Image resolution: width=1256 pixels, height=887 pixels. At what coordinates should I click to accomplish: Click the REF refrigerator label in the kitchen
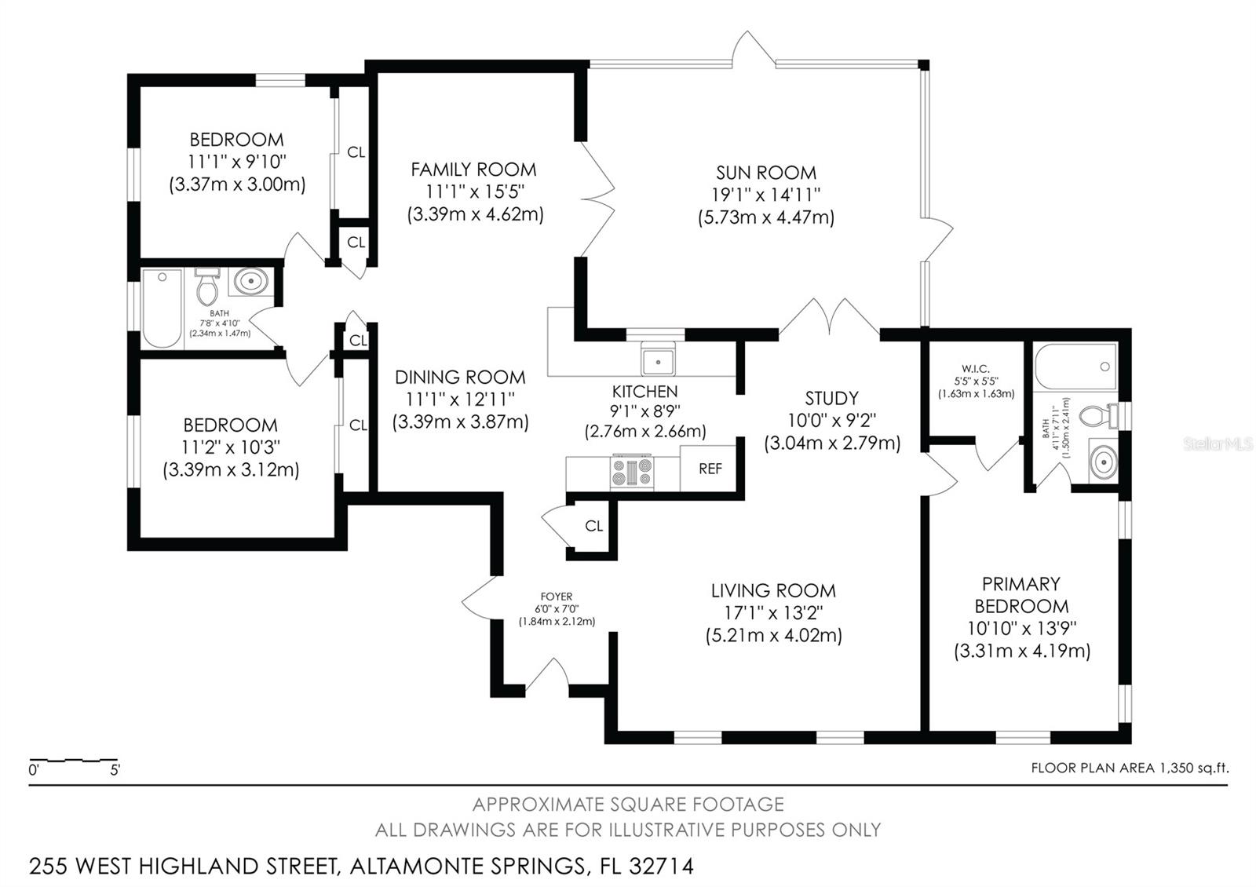(x=710, y=469)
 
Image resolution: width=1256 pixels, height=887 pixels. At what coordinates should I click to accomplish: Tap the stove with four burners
(x=631, y=473)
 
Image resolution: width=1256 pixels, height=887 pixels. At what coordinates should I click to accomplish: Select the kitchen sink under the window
(x=657, y=361)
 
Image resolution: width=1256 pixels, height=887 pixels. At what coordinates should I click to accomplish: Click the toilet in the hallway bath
(x=207, y=287)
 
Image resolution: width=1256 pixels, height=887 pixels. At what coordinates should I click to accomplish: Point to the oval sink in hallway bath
(x=251, y=280)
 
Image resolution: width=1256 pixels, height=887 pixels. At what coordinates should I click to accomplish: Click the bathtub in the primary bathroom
(x=1075, y=367)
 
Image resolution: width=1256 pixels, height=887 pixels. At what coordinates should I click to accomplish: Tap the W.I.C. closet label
(x=975, y=369)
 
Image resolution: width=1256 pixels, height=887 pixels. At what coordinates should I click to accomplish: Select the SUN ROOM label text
(x=765, y=173)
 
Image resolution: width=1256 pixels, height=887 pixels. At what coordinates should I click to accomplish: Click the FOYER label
(x=557, y=597)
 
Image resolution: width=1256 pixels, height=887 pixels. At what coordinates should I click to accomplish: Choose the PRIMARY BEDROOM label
(x=1021, y=595)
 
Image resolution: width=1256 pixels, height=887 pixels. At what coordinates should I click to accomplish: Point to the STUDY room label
(x=831, y=398)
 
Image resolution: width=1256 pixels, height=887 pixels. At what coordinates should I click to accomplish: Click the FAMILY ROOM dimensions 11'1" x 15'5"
(x=474, y=192)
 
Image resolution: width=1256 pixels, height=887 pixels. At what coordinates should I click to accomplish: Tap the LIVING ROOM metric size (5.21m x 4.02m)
(x=773, y=635)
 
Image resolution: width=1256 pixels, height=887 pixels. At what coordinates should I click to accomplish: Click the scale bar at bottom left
(x=73, y=760)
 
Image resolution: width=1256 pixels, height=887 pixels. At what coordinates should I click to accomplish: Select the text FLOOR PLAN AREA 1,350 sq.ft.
(x=1129, y=768)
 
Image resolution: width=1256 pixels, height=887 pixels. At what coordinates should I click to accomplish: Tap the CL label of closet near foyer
(x=593, y=526)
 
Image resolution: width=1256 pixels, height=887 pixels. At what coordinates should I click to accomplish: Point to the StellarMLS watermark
(x=1218, y=444)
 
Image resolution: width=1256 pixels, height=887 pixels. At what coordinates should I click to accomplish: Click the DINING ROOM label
(x=460, y=377)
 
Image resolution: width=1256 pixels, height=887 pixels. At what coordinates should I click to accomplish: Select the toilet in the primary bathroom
(x=1098, y=414)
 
